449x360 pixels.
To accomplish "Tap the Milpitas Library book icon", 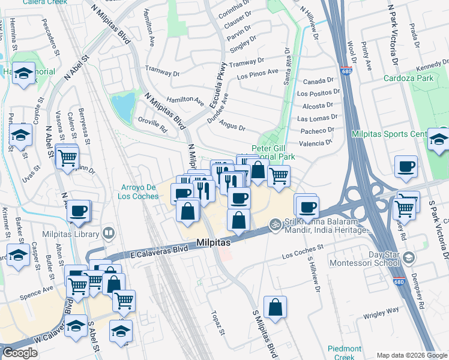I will [109, 232].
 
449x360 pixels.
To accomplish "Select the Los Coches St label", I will [303, 247].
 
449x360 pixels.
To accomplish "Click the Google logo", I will [20, 353].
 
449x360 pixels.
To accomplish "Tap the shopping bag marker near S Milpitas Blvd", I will [274, 308].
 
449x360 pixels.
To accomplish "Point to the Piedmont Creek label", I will [345, 353].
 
